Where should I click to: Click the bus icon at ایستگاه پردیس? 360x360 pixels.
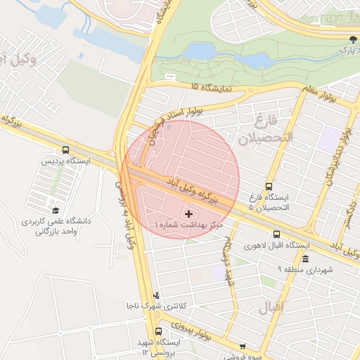click(x=65, y=150)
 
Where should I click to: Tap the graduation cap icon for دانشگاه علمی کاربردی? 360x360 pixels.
click(x=56, y=210)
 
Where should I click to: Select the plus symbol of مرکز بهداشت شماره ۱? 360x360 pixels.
click(x=188, y=212)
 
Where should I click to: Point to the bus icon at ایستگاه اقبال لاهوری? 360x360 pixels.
click(x=276, y=234)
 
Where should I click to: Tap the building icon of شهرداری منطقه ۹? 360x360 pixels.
click(x=304, y=258)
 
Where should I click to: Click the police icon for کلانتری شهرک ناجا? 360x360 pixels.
click(x=156, y=295)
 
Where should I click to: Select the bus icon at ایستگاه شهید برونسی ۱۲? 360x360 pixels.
click(x=158, y=330)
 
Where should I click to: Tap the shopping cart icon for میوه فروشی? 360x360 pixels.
click(x=243, y=347)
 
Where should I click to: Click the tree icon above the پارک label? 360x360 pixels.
click(x=352, y=39)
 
